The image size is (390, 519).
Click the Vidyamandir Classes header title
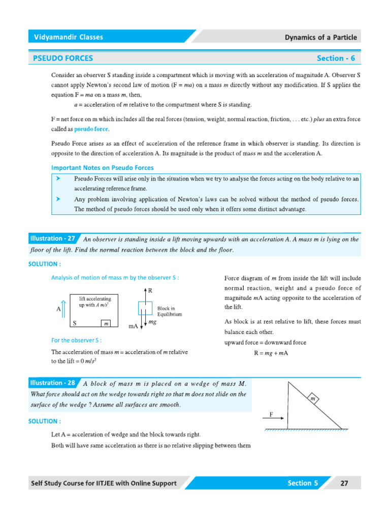pos(68,37)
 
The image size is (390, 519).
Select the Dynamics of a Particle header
pos(320,37)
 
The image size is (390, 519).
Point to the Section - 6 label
pos(336,58)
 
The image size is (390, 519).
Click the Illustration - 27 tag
pos(53,238)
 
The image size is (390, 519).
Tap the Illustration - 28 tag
pos(53,383)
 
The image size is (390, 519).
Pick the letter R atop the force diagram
pos(150,290)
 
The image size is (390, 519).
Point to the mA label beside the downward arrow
pos(134,327)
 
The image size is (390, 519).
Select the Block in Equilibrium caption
pos(170,311)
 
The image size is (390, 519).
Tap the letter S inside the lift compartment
pos(75,323)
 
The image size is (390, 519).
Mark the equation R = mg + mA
pos(271,353)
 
